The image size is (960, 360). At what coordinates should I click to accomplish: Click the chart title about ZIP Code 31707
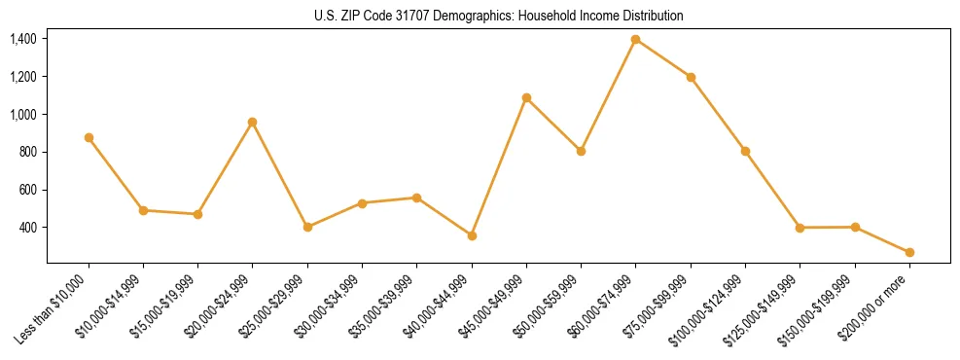(499, 16)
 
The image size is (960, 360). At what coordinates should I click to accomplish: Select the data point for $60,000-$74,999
(636, 39)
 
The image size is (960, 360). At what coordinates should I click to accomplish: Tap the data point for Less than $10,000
(89, 137)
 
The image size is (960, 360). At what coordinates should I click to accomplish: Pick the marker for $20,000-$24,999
(253, 122)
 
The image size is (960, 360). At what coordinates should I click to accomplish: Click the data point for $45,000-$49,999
(526, 97)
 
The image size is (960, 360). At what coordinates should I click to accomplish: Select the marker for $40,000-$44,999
(472, 235)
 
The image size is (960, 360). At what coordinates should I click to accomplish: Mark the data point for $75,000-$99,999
(691, 77)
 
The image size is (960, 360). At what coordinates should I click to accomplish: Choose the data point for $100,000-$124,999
(745, 151)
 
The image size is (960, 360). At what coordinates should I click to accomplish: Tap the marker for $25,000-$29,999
(307, 227)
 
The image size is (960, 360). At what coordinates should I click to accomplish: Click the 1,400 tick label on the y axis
(23, 39)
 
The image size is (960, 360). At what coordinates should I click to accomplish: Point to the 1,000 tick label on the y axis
(23, 114)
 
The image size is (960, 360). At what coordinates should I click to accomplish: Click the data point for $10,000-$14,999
(143, 210)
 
